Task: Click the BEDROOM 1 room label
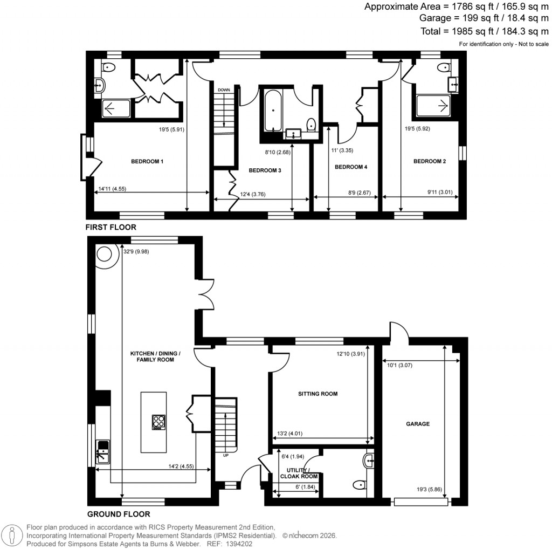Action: pos(147,161)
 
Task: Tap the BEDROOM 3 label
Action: pos(265,170)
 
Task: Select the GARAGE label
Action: pos(418,424)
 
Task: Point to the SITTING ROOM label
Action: pos(318,394)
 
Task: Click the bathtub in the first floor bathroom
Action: pos(273,111)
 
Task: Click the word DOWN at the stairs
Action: pos(224,90)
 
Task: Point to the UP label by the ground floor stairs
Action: pos(226,456)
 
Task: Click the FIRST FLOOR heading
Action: pos(111,227)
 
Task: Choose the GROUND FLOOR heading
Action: pos(119,514)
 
